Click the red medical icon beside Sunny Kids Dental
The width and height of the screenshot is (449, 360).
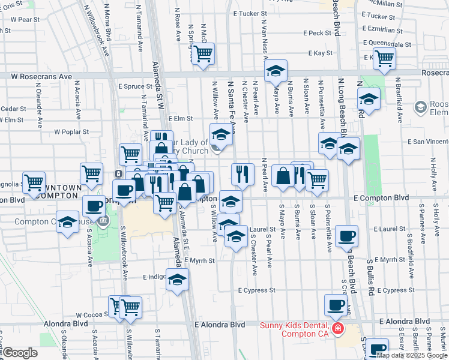point(337,329)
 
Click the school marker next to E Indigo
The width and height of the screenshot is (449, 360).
point(177,280)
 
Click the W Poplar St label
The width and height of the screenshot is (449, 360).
point(71,131)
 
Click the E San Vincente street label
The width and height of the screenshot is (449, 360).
point(428,142)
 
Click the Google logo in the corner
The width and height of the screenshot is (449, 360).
point(20,353)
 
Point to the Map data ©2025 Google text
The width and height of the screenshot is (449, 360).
point(412,355)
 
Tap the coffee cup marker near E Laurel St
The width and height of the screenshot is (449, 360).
point(346,236)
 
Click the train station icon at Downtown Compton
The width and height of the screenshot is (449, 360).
point(118,174)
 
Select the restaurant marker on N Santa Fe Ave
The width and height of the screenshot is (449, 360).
point(243,174)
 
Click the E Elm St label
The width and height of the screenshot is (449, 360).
point(180,119)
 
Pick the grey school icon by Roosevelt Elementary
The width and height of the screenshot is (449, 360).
point(420,106)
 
